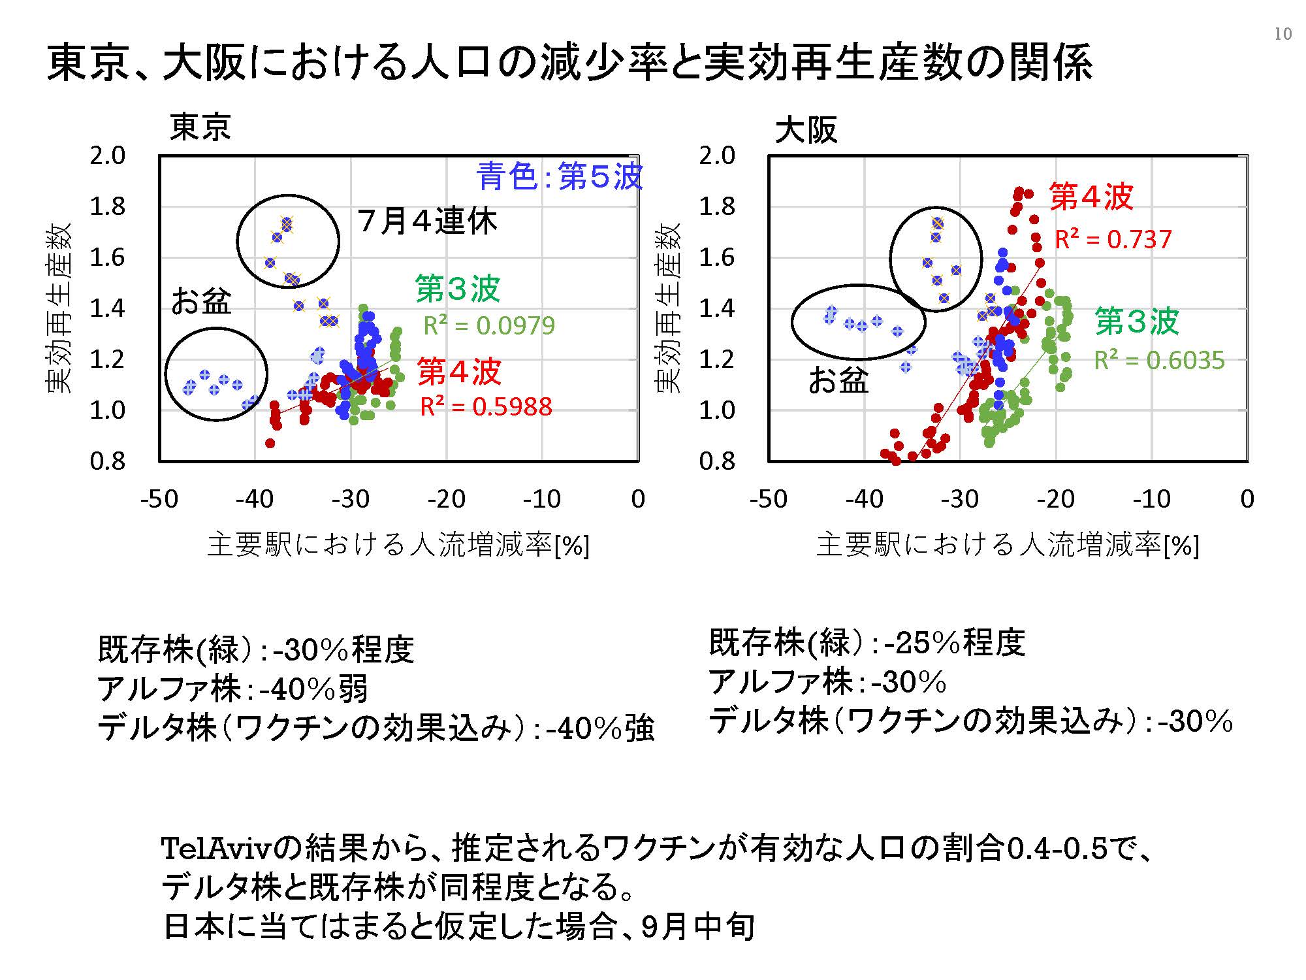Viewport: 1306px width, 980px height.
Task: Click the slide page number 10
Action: coord(1282,34)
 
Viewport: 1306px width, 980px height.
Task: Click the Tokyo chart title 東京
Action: coord(200,127)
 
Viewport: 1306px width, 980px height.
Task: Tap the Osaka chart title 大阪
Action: coord(806,130)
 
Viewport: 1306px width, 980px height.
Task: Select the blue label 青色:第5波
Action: coord(560,176)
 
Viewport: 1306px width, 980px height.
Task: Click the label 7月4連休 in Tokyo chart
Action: coord(428,221)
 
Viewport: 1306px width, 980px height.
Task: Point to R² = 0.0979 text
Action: coord(489,325)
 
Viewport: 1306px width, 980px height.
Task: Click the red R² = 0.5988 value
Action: coord(486,406)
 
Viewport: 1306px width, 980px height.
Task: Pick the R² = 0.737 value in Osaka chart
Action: coord(1113,239)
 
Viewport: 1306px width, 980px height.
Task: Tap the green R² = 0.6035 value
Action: coord(1160,360)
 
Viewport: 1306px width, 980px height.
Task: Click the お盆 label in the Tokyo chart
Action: coord(201,301)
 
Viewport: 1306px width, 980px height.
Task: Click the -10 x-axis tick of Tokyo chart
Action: coord(542,499)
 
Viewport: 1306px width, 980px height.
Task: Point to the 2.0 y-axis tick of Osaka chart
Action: coord(717,155)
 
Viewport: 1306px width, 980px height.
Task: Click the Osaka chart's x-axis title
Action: coord(1008,545)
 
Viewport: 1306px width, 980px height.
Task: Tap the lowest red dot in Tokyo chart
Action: coord(270,444)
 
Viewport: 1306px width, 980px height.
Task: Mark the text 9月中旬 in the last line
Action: coord(699,926)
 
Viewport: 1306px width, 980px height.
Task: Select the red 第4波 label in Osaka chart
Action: coord(1091,196)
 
